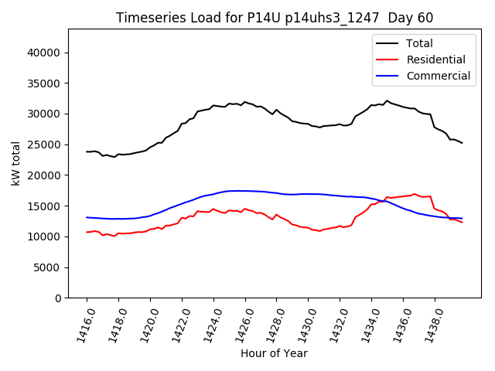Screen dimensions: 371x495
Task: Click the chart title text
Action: (275, 18)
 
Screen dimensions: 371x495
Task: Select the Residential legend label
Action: (437, 60)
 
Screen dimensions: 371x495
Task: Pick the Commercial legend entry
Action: (439, 76)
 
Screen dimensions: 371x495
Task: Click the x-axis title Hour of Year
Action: (274, 353)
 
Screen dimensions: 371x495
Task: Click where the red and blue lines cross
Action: (384, 201)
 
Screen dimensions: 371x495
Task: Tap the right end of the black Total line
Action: (462, 143)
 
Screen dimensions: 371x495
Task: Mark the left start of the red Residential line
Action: (87, 232)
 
